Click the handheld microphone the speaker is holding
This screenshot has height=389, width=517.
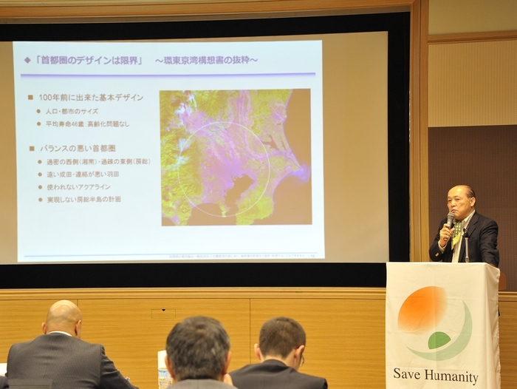[x=450, y=220]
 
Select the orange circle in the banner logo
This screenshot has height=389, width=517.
[x=422, y=309]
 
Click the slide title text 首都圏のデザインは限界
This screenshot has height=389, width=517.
[x=89, y=60]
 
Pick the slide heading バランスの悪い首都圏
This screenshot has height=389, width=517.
[x=81, y=148]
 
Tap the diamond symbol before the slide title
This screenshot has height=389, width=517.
[x=27, y=60]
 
